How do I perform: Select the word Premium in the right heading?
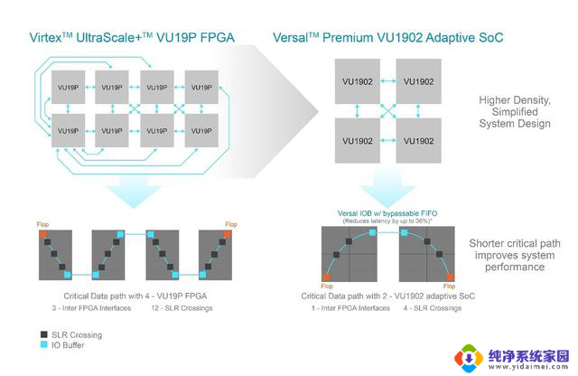tap(350, 38)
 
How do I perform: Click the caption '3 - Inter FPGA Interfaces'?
tap(83, 309)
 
